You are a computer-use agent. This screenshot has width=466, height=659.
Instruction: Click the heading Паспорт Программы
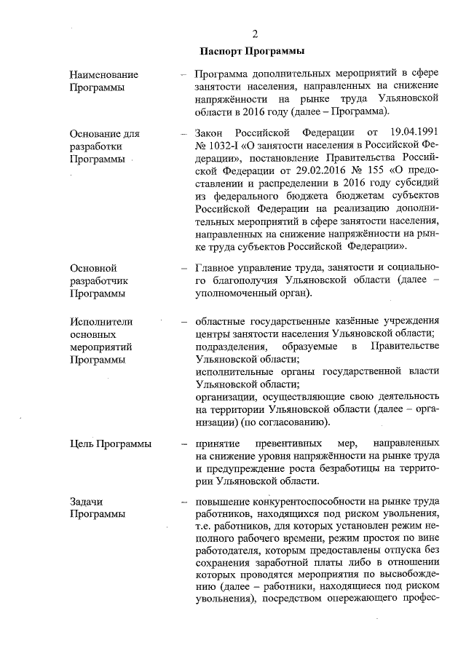pos(251,51)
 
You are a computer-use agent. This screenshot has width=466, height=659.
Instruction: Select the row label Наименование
pos(103,75)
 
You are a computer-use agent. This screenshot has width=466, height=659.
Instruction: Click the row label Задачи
pos(87,502)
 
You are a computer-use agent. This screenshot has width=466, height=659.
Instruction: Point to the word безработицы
pos(360,468)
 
